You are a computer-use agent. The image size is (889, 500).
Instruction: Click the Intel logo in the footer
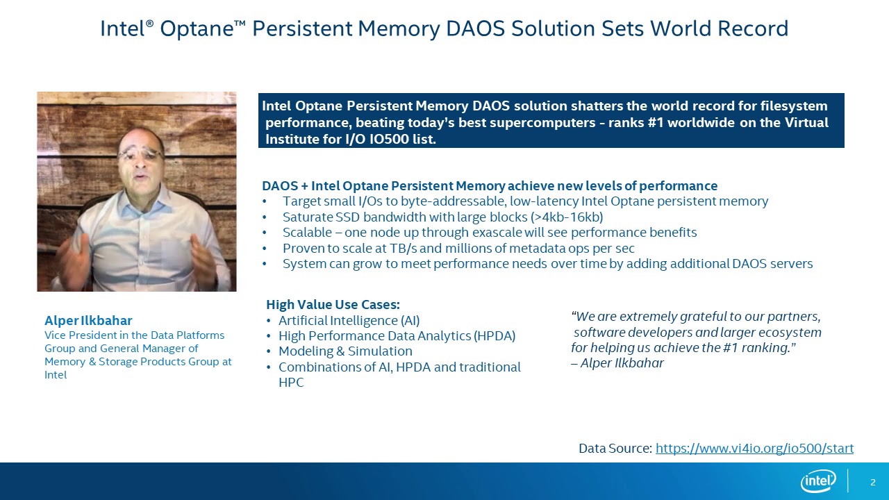point(818,481)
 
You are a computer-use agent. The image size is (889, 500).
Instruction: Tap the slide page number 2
point(873,482)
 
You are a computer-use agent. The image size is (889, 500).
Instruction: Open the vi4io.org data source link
point(754,449)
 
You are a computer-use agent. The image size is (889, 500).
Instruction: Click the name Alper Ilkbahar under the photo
point(88,320)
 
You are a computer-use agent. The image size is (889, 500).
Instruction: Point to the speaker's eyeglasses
point(140,154)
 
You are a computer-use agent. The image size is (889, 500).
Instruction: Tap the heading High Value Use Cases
point(333,304)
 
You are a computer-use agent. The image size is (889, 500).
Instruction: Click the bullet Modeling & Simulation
point(345,351)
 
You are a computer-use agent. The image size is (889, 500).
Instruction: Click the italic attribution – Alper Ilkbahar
point(617,363)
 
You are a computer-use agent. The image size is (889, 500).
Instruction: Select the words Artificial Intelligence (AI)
point(349,320)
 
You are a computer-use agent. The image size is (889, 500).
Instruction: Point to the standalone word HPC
point(291,383)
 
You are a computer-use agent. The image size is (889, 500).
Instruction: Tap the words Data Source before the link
point(615,449)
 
